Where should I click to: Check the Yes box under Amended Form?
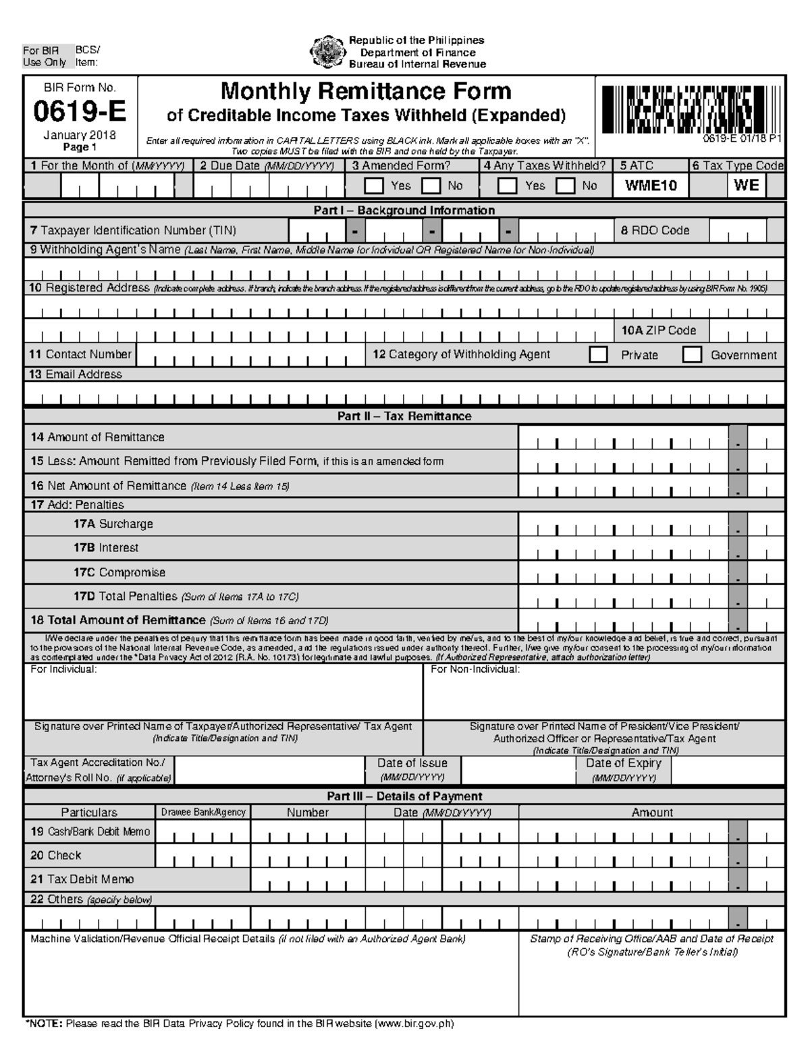tap(373, 186)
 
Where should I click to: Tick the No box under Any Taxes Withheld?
tap(566, 186)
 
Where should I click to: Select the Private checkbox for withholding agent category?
tap(598, 355)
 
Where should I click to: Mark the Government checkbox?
tap(692, 355)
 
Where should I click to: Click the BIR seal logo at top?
tap(327, 52)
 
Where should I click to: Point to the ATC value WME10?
tap(651, 186)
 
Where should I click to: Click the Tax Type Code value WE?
tap(746, 185)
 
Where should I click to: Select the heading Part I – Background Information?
tap(404, 211)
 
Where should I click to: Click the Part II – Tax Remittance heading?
tap(404, 416)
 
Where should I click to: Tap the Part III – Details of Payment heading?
tap(404, 796)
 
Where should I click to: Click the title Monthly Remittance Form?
tap(366, 91)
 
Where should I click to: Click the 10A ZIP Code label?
tap(658, 331)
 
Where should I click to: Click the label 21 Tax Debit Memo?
tap(82, 879)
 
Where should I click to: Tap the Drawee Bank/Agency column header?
tap(202, 812)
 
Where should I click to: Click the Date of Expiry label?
tap(623, 763)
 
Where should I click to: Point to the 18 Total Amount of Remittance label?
tap(117, 620)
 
